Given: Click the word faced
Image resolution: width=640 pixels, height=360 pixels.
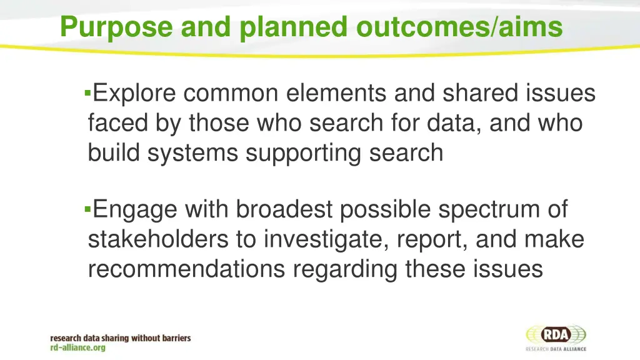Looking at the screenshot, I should click(x=116, y=123).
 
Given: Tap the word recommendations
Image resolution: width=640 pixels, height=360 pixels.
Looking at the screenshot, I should click(x=187, y=269).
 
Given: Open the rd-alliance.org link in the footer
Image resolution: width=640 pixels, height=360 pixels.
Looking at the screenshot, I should click(x=78, y=347).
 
